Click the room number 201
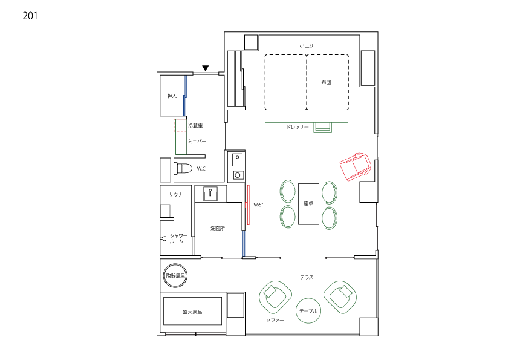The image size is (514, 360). tap(30, 16)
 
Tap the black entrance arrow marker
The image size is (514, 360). tap(205, 68)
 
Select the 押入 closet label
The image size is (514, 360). tap(172, 96)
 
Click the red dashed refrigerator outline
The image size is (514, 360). tap(180, 125)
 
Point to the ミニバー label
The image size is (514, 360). tap(197, 142)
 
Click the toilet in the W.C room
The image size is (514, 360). tap(184, 169)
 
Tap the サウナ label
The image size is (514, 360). tap(175, 194)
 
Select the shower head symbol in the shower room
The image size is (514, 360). tap(164, 238)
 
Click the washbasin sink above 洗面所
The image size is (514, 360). tap(210, 194)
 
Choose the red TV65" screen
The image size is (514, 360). tap(248, 205)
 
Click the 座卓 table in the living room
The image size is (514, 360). tap(308, 204)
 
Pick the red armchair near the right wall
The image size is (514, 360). tap(356, 166)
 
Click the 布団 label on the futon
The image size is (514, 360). tap(326, 82)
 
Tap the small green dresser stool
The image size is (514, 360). tap(322, 127)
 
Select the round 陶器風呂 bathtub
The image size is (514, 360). tap(175, 276)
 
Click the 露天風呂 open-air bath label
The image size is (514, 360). tap(192, 312)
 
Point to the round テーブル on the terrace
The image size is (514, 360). tap(308, 311)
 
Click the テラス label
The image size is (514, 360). tap(307, 277)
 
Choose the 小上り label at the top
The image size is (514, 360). tap(306, 45)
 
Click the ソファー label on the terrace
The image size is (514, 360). tap(275, 320)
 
